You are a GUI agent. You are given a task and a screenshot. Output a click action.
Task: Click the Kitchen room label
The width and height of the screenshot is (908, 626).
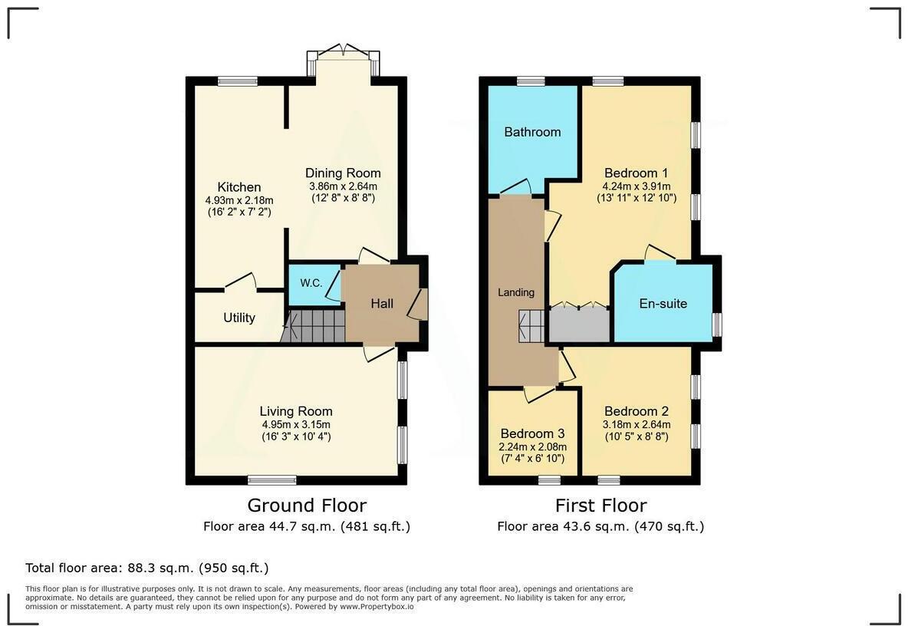tap(239, 187)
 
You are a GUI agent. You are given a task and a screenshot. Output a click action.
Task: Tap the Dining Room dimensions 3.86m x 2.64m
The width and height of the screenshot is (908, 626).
tap(343, 186)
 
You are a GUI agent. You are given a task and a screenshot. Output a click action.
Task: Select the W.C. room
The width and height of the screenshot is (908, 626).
tap(311, 283)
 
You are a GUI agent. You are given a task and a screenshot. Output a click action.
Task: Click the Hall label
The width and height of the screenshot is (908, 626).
tap(382, 304)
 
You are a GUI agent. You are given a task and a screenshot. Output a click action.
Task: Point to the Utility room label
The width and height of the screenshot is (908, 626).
tap(239, 318)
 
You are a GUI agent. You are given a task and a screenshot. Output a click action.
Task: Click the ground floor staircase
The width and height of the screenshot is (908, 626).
tap(313, 326)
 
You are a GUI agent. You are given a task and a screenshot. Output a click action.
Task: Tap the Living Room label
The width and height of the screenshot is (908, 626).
tap(296, 411)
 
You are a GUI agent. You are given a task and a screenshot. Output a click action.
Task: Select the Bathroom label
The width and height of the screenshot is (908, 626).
tap(532, 132)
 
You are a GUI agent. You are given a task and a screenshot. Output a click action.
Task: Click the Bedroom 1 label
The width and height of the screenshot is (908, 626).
tap(636, 173)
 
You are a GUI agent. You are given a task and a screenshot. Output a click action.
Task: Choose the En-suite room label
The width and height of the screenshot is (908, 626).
tap(663, 304)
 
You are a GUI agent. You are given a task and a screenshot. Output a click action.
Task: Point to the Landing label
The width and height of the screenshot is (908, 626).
tap(516, 292)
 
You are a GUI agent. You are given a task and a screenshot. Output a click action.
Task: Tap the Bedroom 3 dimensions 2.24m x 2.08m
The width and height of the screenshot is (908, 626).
tap(533, 447)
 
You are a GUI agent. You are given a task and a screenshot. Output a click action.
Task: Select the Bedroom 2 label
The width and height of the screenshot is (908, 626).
tap(636, 411)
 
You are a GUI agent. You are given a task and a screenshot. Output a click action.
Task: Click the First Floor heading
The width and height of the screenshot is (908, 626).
tap(600, 506)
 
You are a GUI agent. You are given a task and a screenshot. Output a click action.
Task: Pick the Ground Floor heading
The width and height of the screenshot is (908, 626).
tap(307, 506)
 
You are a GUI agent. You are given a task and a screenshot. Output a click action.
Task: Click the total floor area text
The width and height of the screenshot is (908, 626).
tap(147, 568)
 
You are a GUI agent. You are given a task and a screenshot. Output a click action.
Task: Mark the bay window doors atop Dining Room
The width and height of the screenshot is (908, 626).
tap(343, 53)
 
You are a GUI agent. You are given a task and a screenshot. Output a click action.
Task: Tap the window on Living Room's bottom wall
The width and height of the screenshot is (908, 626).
tap(272, 480)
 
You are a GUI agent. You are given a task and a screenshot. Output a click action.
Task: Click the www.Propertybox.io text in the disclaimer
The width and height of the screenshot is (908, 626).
tap(377, 607)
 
